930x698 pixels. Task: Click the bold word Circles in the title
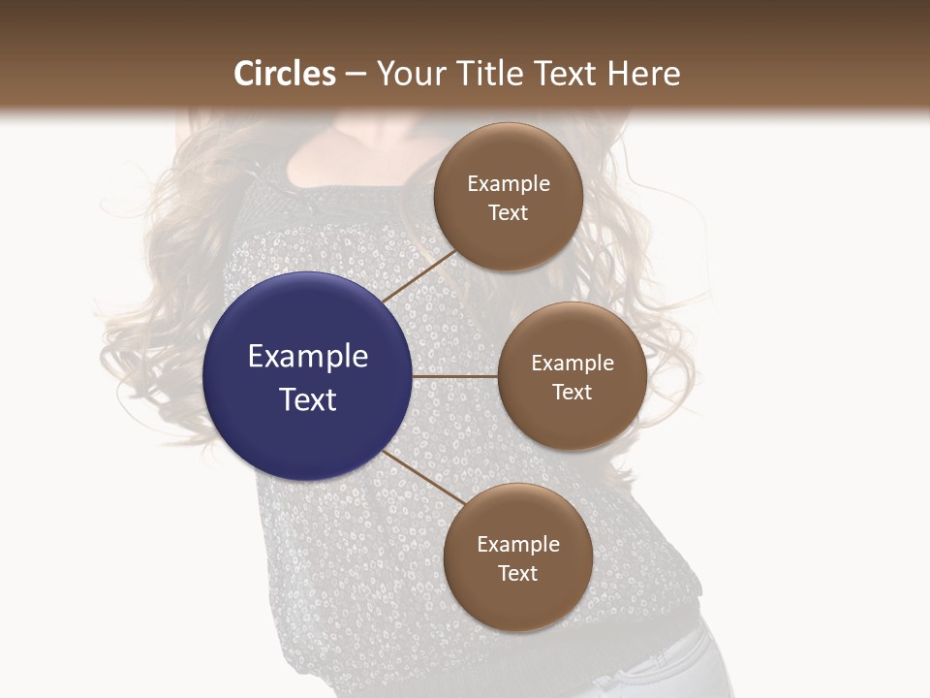(285, 74)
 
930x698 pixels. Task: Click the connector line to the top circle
(418, 276)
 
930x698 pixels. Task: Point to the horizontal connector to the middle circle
(455, 376)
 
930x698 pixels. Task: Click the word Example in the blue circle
(308, 357)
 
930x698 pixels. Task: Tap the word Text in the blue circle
(308, 399)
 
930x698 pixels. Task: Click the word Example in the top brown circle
(509, 184)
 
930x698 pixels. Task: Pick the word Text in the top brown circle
(509, 213)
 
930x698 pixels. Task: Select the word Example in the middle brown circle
(573, 364)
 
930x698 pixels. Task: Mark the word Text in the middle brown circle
(573, 392)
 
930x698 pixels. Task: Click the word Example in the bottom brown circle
(518, 545)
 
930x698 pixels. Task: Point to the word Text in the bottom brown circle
(518, 573)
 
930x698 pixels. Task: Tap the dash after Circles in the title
(356, 75)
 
